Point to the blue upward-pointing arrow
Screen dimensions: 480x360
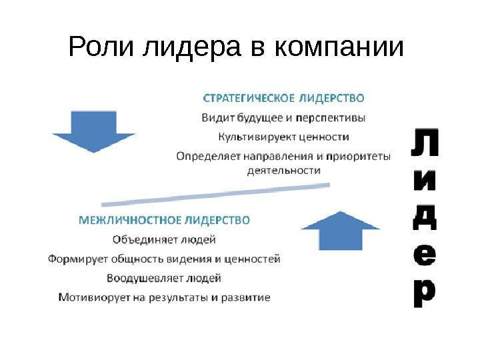[340, 230]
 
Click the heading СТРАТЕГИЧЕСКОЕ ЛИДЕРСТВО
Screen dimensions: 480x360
[283, 98]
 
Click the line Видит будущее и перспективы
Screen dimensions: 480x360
[283, 118]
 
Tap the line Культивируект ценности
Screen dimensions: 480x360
[283, 137]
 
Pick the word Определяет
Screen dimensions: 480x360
[209, 157]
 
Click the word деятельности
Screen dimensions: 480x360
[283, 171]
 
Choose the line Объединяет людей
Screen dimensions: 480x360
[164, 238]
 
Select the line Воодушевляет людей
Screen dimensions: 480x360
[164, 277]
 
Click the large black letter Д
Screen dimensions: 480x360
[422, 216]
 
